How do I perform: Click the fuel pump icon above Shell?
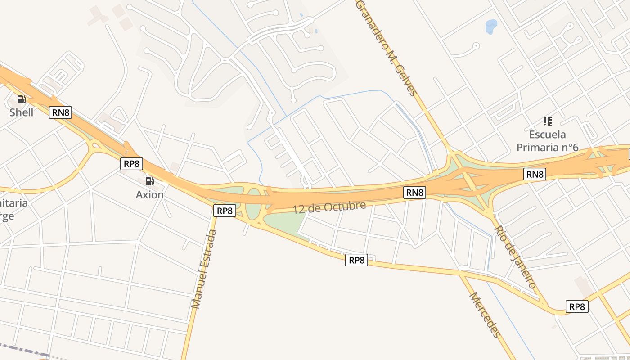click(x=21, y=99)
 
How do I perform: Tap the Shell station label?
click(x=22, y=112)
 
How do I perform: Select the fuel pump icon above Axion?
click(x=149, y=181)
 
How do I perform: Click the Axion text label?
click(x=149, y=195)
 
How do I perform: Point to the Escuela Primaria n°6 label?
click(x=547, y=141)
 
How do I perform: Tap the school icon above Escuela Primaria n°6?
click(x=547, y=121)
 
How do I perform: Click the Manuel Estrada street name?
click(x=204, y=269)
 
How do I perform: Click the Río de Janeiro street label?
click(x=515, y=256)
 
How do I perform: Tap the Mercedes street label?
click(x=485, y=315)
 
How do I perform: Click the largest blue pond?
click(x=491, y=27)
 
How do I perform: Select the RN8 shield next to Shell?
click(x=61, y=112)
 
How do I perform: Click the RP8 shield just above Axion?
click(x=131, y=164)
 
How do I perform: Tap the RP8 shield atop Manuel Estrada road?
click(x=224, y=211)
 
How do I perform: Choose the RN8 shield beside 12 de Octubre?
click(x=414, y=193)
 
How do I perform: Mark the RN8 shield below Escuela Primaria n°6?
click(x=535, y=174)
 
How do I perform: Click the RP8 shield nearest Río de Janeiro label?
click(x=577, y=306)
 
